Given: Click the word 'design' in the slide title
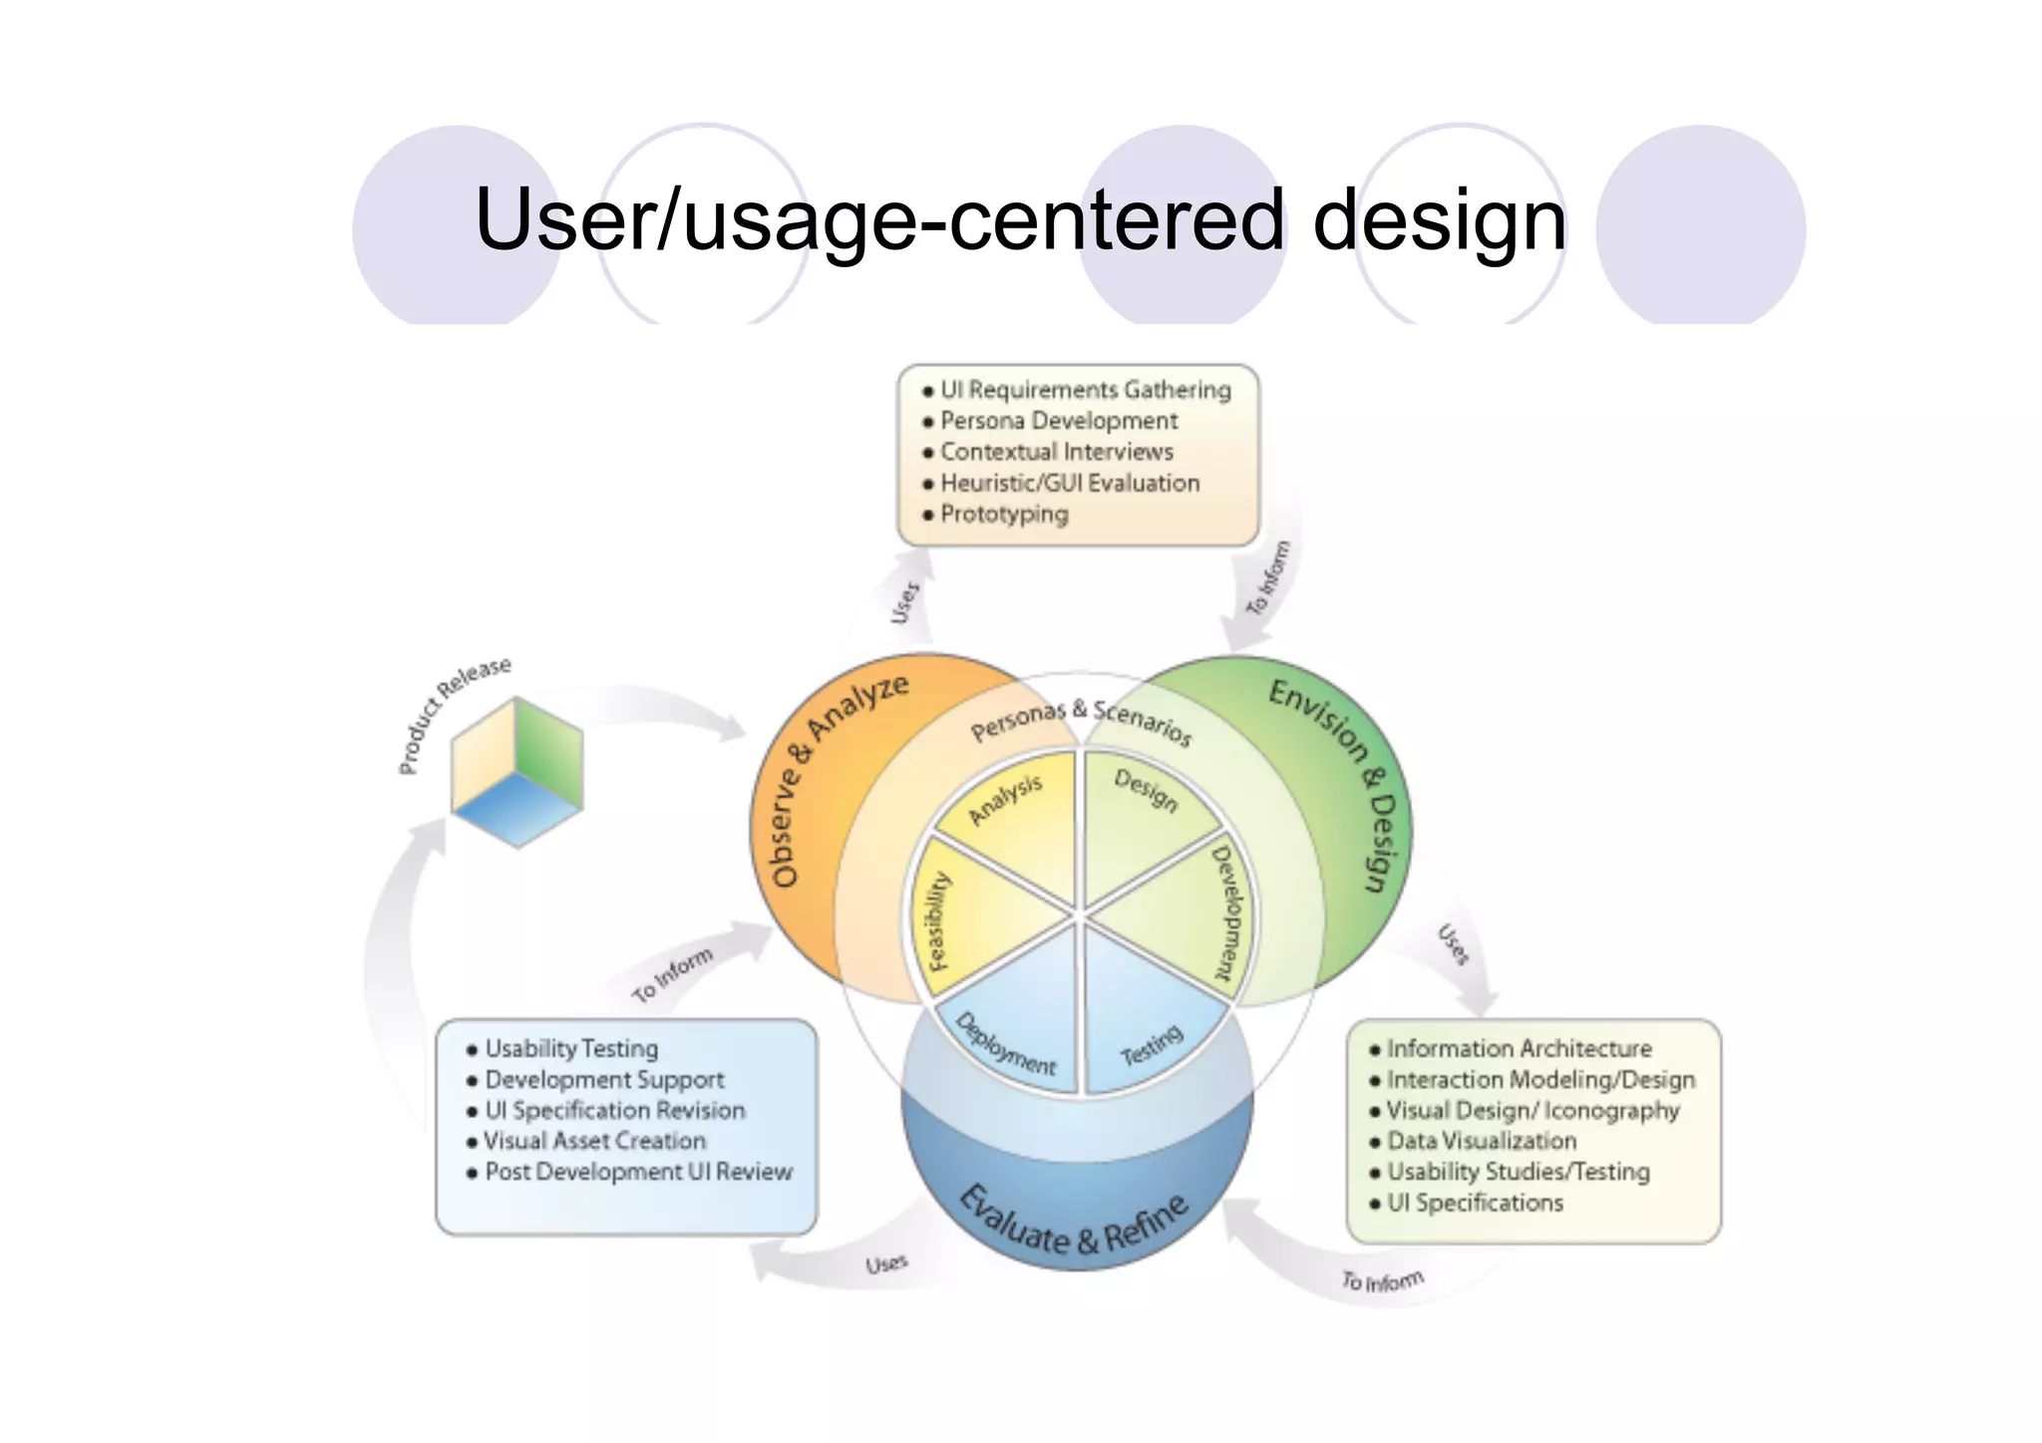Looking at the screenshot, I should [1439, 221].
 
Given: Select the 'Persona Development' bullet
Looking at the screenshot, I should [1058, 421].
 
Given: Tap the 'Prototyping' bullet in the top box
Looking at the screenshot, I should [1003, 515].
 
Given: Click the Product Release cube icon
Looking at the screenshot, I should [516, 773].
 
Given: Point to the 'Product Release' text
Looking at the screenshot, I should [454, 714].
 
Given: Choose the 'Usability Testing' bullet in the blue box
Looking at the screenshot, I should [570, 1049].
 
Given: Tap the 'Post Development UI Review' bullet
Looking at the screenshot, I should [638, 1173].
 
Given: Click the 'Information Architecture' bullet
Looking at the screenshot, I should [1518, 1049].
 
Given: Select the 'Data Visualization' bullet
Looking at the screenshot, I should [1481, 1141].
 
